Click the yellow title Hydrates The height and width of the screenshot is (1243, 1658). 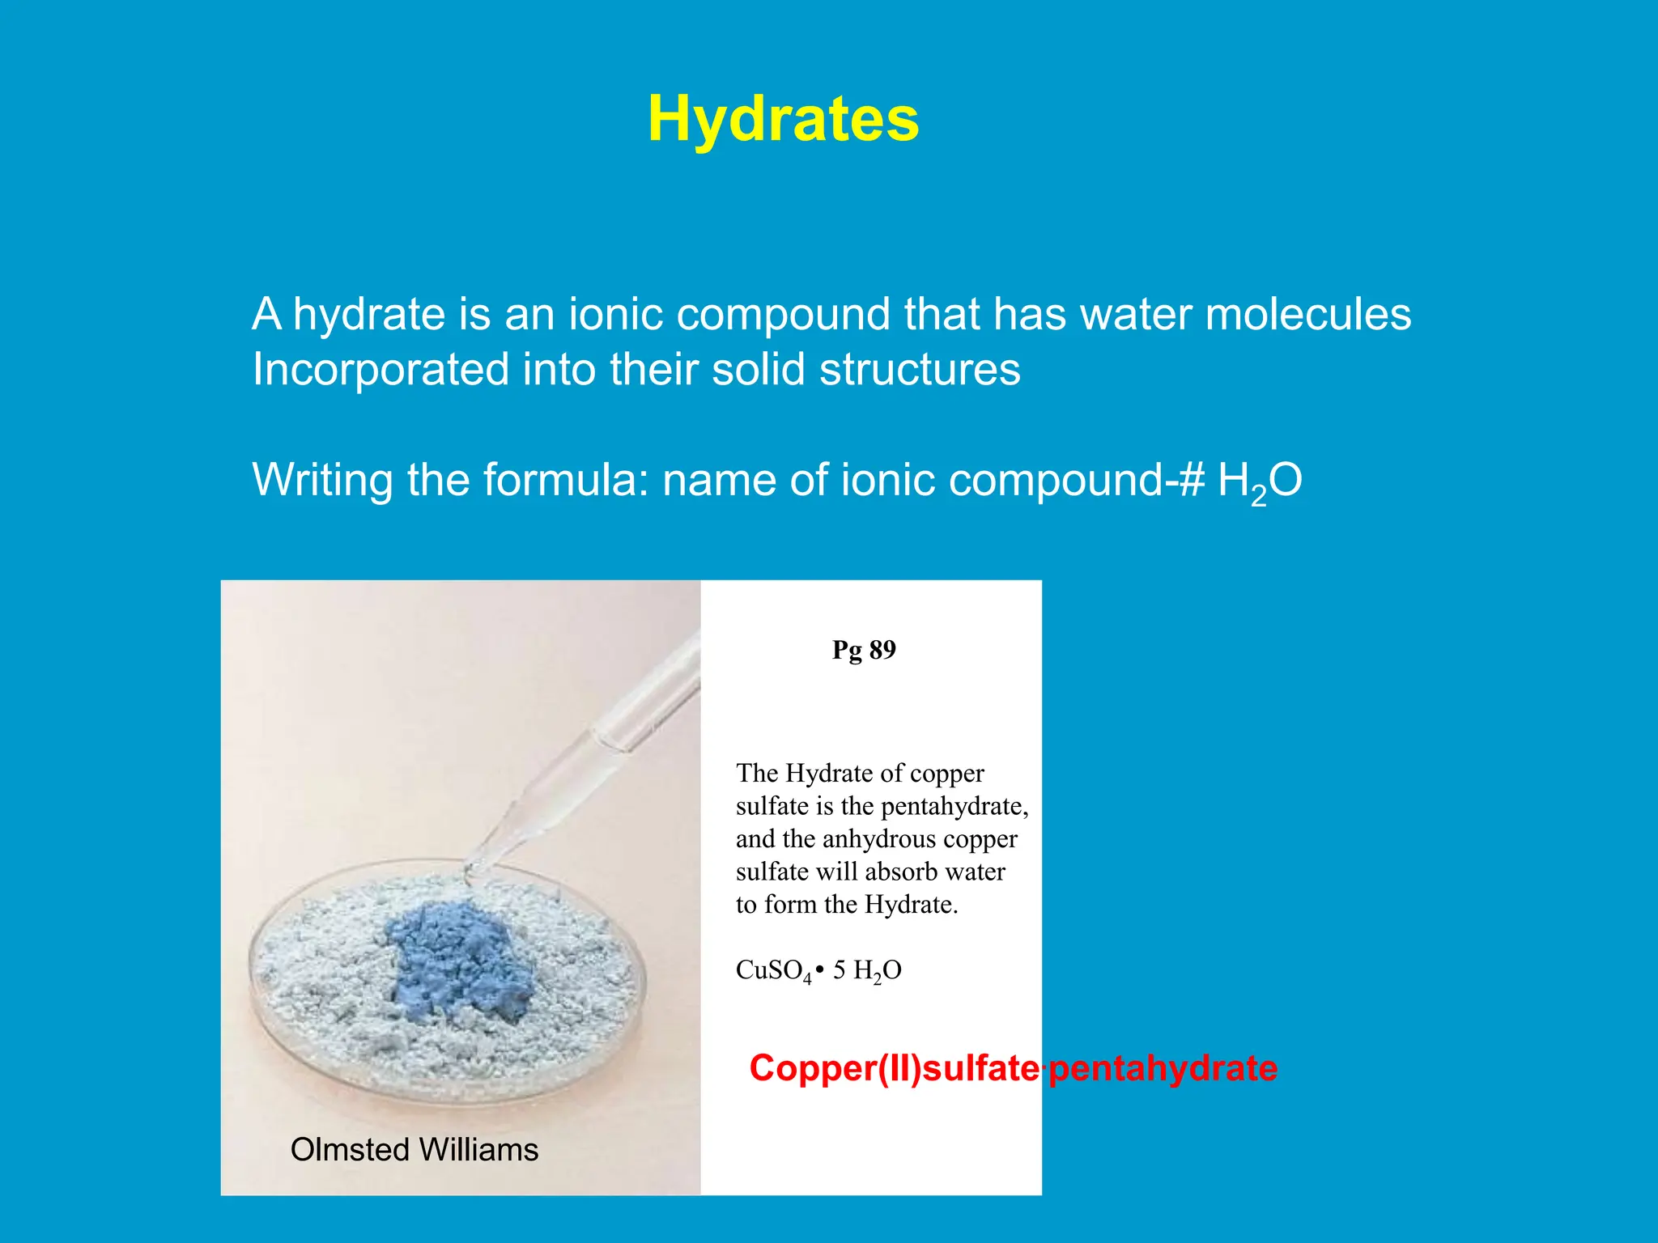point(783,119)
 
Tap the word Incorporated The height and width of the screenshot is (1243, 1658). point(380,369)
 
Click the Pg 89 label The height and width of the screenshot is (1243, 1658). point(864,650)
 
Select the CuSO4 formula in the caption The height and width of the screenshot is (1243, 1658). point(773,970)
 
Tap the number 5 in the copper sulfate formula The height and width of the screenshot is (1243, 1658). point(840,969)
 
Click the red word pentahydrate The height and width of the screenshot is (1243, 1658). point(1163,1068)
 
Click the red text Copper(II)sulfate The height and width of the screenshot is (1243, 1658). point(895,1068)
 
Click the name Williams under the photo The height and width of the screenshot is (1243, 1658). point(478,1149)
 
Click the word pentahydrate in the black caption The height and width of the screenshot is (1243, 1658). point(954,806)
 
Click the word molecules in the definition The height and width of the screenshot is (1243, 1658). point(1307,314)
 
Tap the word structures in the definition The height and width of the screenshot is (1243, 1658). point(920,369)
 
